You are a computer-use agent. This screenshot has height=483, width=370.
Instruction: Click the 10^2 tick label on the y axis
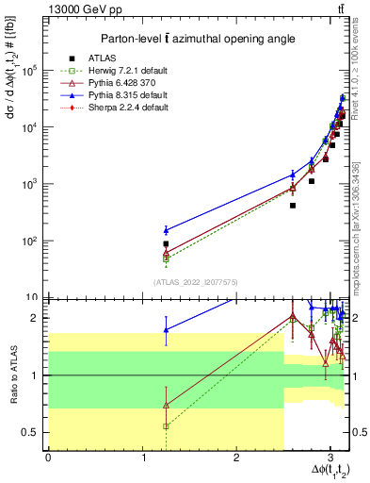pos(32,241)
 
